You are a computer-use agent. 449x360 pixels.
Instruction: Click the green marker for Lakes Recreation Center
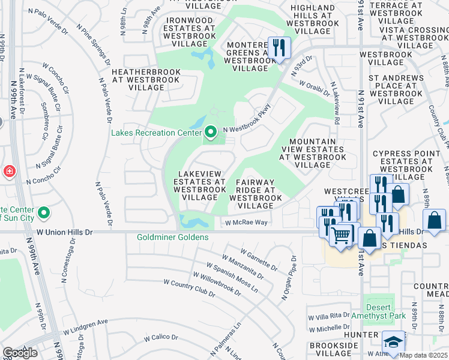pyautogui.click(x=210, y=131)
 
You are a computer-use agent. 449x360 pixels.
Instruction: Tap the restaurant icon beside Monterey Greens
pyautogui.click(x=279, y=48)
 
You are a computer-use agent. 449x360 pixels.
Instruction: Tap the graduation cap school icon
pyautogui.click(x=393, y=343)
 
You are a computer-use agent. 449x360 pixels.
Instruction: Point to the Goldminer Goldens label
pyautogui.click(x=173, y=237)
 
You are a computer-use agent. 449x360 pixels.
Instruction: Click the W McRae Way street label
pyautogui.click(x=246, y=223)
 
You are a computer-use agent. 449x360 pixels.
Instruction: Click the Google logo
pyautogui.click(x=20, y=353)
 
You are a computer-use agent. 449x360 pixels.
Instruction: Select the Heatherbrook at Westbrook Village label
pyautogui.click(x=146, y=79)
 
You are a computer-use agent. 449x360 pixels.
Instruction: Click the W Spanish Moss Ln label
pyautogui.click(x=232, y=277)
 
